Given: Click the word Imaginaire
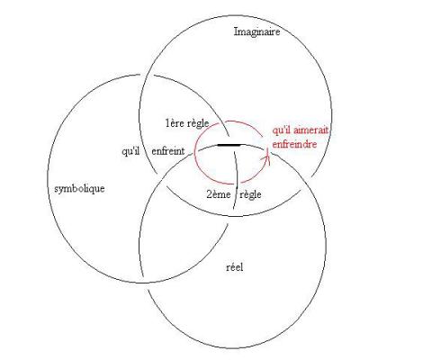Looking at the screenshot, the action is [x=256, y=31].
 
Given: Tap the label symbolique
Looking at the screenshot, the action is [x=79, y=189].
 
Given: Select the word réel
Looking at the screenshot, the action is [x=235, y=266].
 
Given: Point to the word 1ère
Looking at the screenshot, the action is [x=174, y=123].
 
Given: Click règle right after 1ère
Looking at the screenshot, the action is [x=197, y=123].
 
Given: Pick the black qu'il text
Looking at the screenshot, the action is [x=130, y=151].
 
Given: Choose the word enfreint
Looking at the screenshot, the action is [x=168, y=151].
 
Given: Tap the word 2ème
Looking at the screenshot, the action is [x=219, y=194].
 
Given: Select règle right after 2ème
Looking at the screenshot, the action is [x=250, y=195].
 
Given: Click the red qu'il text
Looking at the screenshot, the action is [x=282, y=131].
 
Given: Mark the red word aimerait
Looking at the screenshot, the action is [x=310, y=130].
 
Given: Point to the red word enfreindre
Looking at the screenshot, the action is [x=294, y=144].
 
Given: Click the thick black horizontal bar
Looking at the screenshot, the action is [x=229, y=145].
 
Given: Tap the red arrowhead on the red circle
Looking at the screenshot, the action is [x=267, y=157].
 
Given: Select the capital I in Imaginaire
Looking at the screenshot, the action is [x=236, y=31].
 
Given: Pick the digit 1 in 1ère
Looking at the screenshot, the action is [x=167, y=123].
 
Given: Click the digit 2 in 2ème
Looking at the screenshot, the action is [x=209, y=194].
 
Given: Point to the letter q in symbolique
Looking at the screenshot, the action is [x=94, y=190].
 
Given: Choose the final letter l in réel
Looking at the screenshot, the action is [x=242, y=266].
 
